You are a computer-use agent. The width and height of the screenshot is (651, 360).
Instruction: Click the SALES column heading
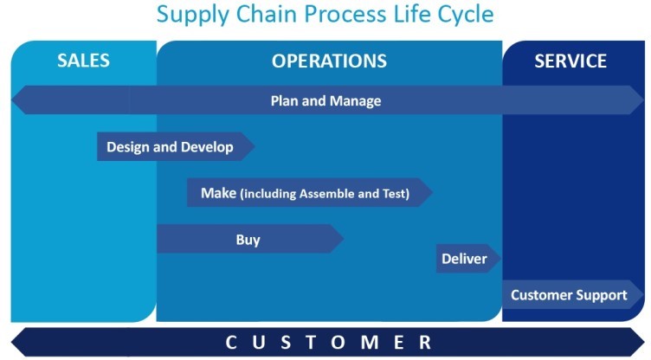[83, 61]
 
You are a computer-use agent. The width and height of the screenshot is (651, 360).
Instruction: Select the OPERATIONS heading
[329, 61]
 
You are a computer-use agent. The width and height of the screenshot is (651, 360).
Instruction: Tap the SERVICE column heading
[570, 61]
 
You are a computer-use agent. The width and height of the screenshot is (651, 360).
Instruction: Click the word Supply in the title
[193, 15]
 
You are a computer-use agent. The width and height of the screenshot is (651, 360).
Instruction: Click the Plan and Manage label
[325, 101]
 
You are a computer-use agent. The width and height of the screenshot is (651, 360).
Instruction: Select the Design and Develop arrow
[176, 146]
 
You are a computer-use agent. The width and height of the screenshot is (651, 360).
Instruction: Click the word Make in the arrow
[218, 193]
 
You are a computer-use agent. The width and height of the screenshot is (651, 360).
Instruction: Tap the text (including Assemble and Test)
[325, 194]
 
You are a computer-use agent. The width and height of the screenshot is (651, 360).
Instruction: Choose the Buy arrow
[250, 239]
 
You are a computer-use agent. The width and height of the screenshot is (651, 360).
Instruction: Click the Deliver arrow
[468, 259]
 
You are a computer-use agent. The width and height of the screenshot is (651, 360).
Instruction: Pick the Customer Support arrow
[573, 295]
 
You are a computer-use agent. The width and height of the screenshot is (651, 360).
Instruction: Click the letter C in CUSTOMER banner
[231, 343]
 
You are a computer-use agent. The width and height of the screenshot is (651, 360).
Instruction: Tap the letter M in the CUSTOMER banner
[370, 343]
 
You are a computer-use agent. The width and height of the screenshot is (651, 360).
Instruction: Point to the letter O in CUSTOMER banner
[338, 343]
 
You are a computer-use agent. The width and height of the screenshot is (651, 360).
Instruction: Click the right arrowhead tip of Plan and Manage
[643, 100]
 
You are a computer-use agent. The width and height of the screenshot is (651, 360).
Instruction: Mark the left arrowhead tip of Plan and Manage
[11, 100]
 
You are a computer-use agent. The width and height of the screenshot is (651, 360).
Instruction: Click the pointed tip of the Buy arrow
[344, 239]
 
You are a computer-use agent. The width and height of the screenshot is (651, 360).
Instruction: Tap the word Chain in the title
[267, 14]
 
